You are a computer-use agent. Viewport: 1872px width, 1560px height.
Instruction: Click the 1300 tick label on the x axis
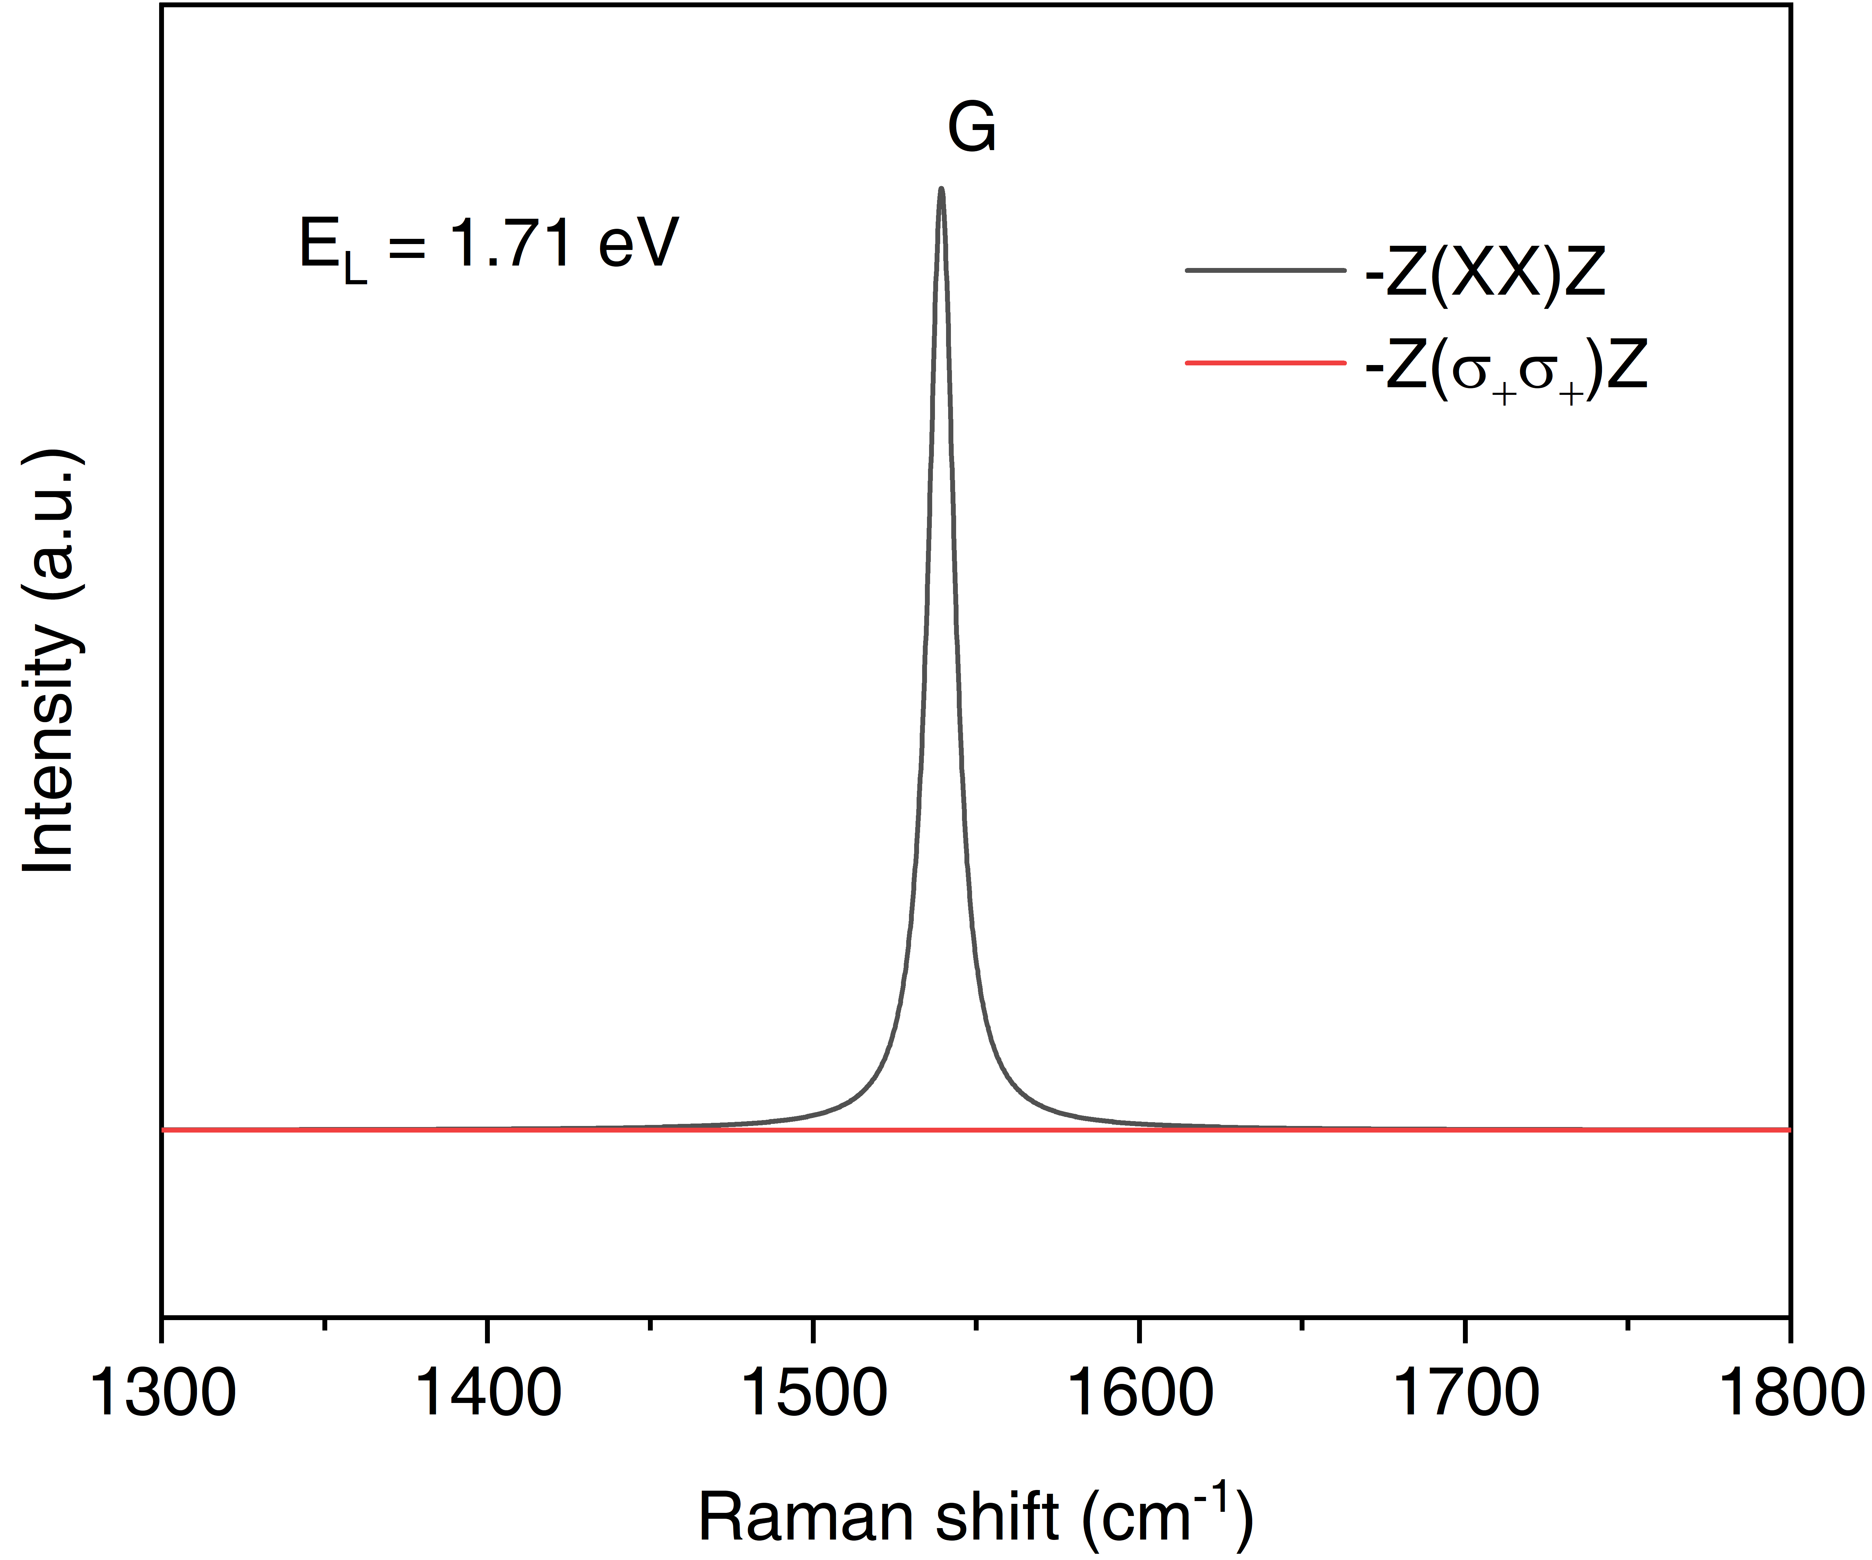(x=163, y=1395)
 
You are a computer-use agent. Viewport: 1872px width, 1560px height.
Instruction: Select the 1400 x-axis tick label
(x=488, y=1395)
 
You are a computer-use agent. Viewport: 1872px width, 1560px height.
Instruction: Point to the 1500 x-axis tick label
(x=813, y=1395)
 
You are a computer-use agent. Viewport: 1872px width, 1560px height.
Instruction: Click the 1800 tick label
(x=1787, y=1395)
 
